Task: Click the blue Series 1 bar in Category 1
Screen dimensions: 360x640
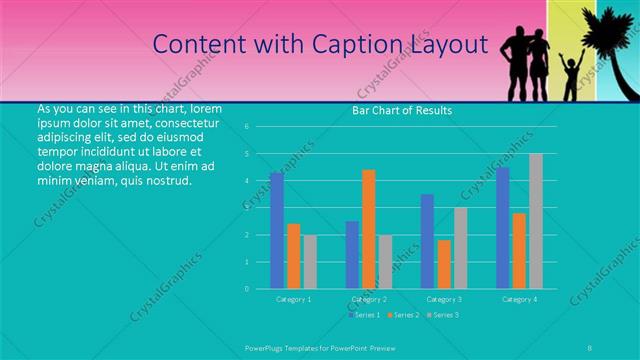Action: pos(276,231)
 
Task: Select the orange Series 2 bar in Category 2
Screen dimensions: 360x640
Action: pos(369,229)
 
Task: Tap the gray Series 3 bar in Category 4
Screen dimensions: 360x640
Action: pos(536,221)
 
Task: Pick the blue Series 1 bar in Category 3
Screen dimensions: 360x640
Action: pos(428,241)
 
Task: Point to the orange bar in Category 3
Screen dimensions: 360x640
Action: pos(444,264)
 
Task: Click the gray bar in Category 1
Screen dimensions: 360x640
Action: pos(310,262)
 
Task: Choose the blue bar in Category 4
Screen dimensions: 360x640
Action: pos(503,228)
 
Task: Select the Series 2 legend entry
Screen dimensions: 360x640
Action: pos(403,315)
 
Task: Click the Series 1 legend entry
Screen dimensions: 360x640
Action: pos(365,315)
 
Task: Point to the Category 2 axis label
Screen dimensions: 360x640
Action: pos(369,299)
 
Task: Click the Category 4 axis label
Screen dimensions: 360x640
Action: pos(519,299)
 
